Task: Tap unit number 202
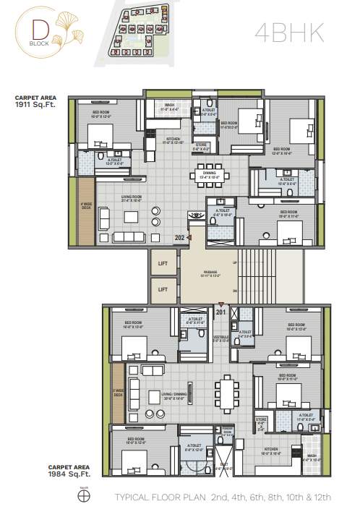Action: click(179, 236)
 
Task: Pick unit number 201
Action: click(220, 312)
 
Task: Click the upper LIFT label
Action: click(163, 265)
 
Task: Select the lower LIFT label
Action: click(163, 289)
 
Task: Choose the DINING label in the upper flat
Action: click(209, 174)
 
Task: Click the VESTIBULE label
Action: click(221, 337)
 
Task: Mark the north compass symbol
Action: click(81, 497)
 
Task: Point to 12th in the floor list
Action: click(325, 498)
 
